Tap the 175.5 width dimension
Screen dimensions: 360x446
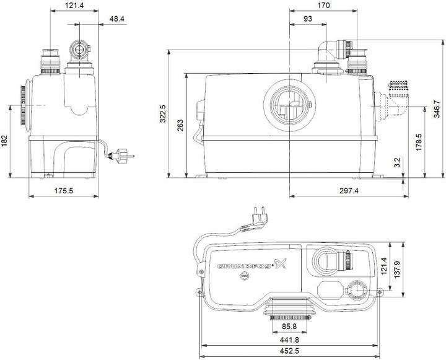click(63, 191)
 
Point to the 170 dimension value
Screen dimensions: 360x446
click(323, 6)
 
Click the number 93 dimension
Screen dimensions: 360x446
click(307, 19)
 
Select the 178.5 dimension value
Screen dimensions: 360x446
click(419, 142)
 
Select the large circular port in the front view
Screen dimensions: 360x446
click(288, 102)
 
